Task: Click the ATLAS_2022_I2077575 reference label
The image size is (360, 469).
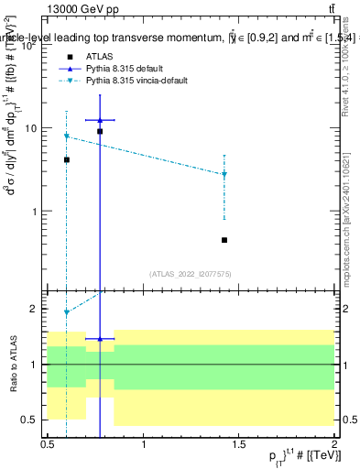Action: pyautogui.click(x=191, y=274)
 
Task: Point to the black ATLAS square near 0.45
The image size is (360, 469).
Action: pyautogui.click(x=224, y=240)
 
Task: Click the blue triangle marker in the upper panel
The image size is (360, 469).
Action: pyautogui.click(x=100, y=120)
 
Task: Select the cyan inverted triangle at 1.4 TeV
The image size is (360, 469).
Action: pyautogui.click(x=224, y=174)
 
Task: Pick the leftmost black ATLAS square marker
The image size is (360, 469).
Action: pyautogui.click(x=67, y=159)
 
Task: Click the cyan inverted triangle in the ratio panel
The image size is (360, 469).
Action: pyautogui.click(x=67, y=312)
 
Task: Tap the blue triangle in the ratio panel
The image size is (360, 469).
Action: pyautogui.click(x=100, y=339)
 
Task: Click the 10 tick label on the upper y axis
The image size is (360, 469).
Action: pyautogui.click(x=36, y=129)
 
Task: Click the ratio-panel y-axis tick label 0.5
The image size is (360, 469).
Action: pyautogui.click(x=33, y=420)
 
